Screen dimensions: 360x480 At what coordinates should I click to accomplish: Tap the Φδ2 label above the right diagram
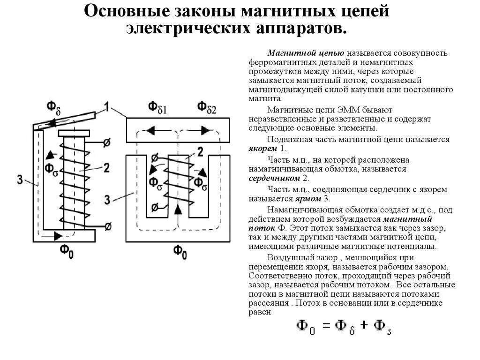tap(207, 107)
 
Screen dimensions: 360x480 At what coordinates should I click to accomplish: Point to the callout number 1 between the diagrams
tap(107, 107)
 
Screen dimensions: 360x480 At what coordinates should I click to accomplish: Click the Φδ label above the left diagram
tap(53, 109)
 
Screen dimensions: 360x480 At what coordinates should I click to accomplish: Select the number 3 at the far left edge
tap(19, 180)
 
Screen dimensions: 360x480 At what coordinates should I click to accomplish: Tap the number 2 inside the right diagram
tap(200, 152)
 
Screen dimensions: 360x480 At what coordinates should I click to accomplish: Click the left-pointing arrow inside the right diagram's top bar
tap(152, 130)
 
